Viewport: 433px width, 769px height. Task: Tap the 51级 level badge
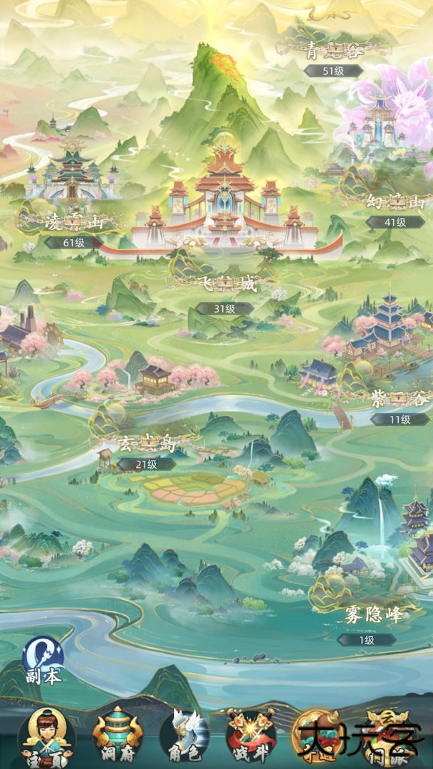333,70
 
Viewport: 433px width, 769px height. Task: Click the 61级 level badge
74,242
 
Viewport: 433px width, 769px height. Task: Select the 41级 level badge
395,222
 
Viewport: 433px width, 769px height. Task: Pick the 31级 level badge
225,308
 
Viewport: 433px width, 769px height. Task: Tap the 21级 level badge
147,464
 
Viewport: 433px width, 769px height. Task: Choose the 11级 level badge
400,419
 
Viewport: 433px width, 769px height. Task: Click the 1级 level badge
366,640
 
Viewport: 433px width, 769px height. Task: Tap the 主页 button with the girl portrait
46,737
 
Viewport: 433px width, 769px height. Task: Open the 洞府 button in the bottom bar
118,737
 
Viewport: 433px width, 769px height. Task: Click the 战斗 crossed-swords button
250,737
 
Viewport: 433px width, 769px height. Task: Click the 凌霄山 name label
73,221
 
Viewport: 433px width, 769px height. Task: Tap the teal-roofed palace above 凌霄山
71,171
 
